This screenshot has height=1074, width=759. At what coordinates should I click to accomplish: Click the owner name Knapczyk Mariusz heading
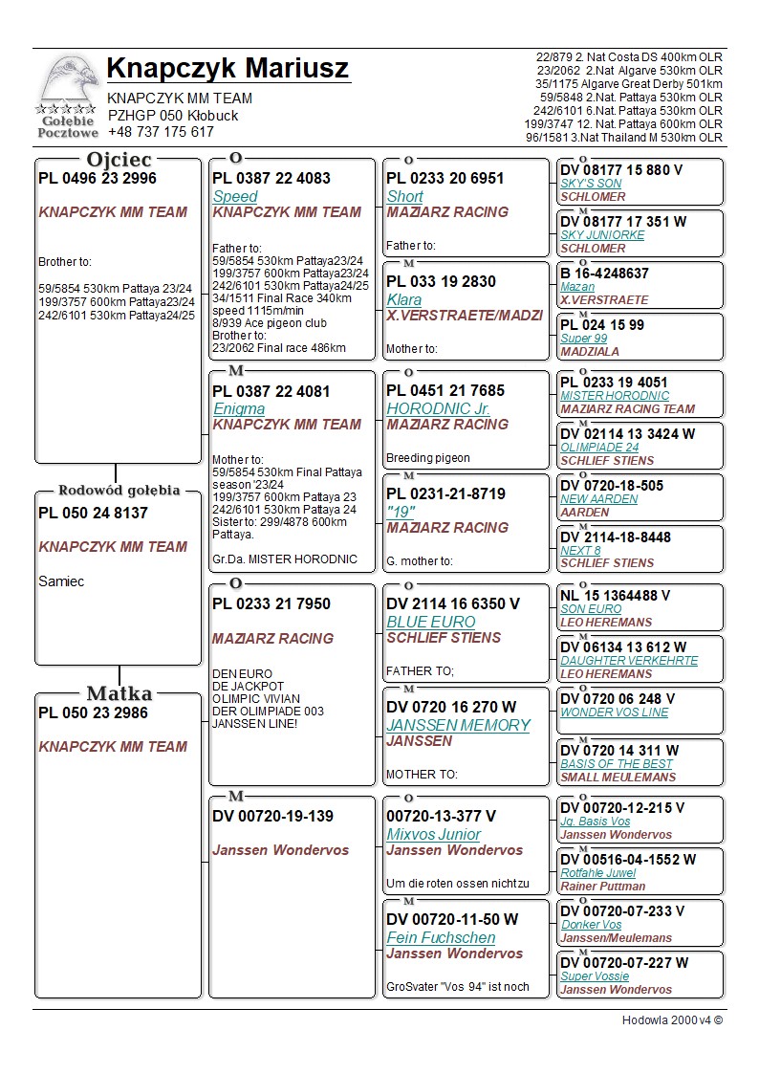(x=228, y=69)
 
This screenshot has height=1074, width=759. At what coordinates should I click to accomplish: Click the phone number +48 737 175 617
(x=161, y=132)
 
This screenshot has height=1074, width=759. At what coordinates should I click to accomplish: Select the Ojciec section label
(x=119, y=160)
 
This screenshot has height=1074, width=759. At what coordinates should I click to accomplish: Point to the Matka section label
(x=119, y=693)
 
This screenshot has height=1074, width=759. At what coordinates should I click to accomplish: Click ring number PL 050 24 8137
(x=93, y=513)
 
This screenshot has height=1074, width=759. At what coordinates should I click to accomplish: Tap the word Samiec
(x=61, y=581)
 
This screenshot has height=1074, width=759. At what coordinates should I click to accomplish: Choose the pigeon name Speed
(x=235, y=196)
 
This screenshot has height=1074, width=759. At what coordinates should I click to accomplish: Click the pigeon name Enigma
(x=239, y=408)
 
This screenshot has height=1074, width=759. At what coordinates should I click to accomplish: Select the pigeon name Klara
(x=403, y=299)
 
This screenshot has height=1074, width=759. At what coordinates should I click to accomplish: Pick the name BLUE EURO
(x=430, y=622)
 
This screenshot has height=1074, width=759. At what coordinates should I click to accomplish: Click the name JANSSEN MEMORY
(x=458, y=725)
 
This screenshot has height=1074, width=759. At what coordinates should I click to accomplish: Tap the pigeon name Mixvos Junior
(x=433, y=834)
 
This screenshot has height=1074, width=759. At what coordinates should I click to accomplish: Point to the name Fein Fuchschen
(x=441, y=937)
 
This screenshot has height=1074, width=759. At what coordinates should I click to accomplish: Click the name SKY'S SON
(x=591, y=184)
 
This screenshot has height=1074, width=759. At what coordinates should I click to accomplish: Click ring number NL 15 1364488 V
(x=615, y=595)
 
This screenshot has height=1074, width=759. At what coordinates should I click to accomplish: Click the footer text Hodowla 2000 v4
(x=672, y=1020)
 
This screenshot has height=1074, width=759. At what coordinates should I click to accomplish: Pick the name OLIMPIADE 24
(x=599, y=447)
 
